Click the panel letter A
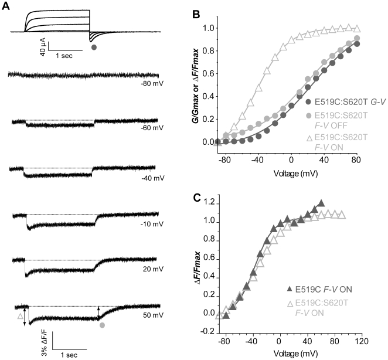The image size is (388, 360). click(5, 5)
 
